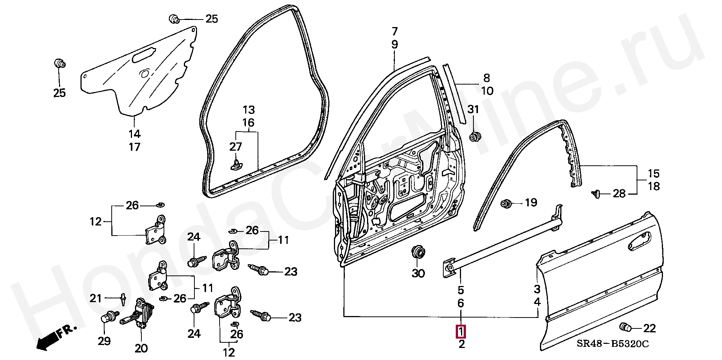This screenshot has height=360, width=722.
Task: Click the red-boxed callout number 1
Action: pyautogui.click(x=461, y=331)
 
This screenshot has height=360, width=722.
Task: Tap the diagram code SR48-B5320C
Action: pyautogui.click(x=613, y=344)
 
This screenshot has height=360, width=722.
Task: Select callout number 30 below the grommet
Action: pyautogui.click(x=418, y=273)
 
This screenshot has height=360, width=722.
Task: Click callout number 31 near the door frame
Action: pyautogui.click(x=473, y=109)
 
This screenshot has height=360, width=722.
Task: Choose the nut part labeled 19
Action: pyautogui.click(x=506, y=204)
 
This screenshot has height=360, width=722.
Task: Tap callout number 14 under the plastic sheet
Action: pyautogui.click(x=134, y=134)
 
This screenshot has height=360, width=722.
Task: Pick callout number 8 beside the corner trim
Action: pyautogui.click(x=486, y=78)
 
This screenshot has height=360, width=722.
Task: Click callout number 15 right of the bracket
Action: pyautogui.click(x=654, y=174)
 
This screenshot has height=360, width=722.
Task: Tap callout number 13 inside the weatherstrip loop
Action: pyautogui.click(x=249, y=110)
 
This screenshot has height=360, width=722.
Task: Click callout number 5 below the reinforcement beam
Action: pyautogui.click(x=461, y=290)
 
